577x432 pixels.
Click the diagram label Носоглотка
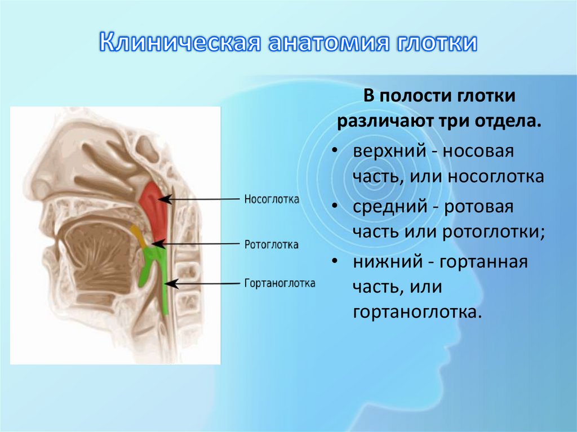pyautogui.click(x=272, y=199)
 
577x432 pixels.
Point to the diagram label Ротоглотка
pyautogui.click(x=271, y=245)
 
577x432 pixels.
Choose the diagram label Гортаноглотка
pyautogui.click(x=279, y=283)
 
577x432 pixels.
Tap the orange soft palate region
pyautogui.click(x=137, y=234)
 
